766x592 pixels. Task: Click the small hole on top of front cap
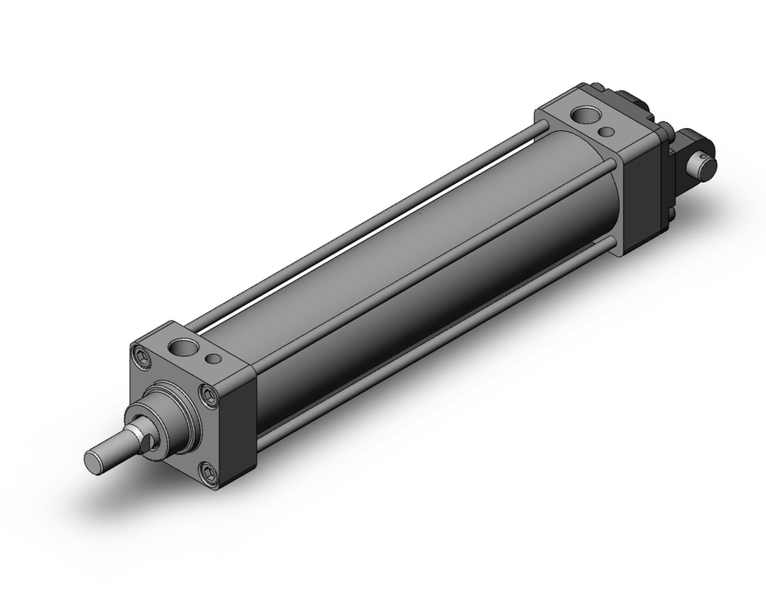tap(215, 358)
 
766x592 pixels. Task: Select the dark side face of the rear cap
tap(642, 199)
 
